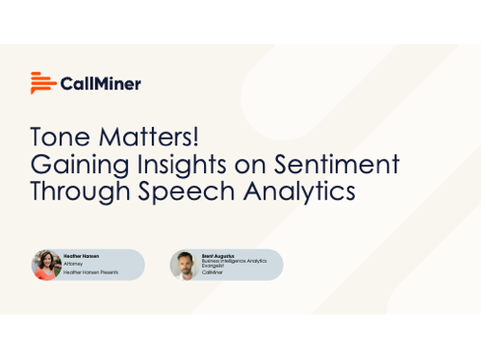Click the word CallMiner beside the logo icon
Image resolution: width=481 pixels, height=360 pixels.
click(101, 84)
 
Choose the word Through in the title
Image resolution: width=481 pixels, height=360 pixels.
click(76, 190)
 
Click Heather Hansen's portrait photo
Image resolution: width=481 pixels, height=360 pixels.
click(46, 265)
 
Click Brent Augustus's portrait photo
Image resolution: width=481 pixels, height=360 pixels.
click(185, 265)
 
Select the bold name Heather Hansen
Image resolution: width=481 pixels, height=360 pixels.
click(82, 257)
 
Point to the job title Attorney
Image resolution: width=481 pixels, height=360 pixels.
click(73, 265)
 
